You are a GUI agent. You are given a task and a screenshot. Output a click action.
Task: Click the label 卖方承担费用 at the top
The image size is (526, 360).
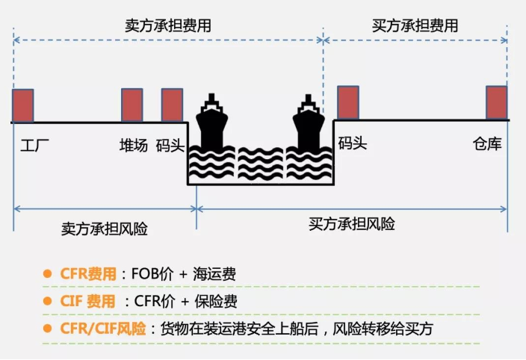[x=167, y=25]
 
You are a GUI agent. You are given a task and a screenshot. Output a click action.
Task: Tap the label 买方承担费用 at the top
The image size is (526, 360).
[x=415, y=25]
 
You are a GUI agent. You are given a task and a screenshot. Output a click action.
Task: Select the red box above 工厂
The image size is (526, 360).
[x=23, y=105]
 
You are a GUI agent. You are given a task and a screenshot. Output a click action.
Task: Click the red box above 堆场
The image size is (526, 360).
[x=132, y=105]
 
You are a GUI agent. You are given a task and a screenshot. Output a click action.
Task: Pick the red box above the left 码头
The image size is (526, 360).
[x=172, y=105]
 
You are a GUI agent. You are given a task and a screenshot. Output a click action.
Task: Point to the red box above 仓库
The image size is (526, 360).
[x=497, y=102]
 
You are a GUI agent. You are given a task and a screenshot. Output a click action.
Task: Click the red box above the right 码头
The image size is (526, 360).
[x=348, y=102]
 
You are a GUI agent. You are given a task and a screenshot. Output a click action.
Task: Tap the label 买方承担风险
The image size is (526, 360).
[x=351, y=224]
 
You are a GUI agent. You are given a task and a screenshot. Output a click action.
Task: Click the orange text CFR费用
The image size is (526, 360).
[x=88, y=274]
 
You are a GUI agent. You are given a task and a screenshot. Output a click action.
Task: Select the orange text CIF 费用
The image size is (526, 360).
[x=88, y=301]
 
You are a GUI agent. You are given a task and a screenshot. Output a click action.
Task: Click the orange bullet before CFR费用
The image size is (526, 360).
[x=47, y=273]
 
